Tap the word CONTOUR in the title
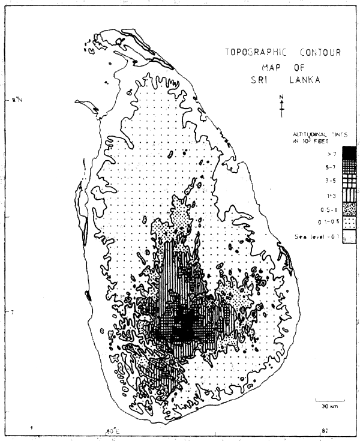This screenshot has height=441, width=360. [x=317, y=52]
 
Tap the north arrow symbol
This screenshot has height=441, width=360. [x=281, y=103]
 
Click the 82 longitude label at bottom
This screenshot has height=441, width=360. [x=324, y=431]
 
